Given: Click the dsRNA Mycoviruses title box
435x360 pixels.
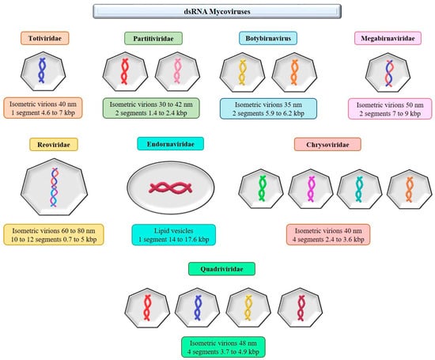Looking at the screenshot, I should (217, 11).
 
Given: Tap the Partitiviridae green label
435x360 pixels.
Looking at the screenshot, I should (153, 38).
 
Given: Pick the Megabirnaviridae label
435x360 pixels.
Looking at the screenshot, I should (382, 38).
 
